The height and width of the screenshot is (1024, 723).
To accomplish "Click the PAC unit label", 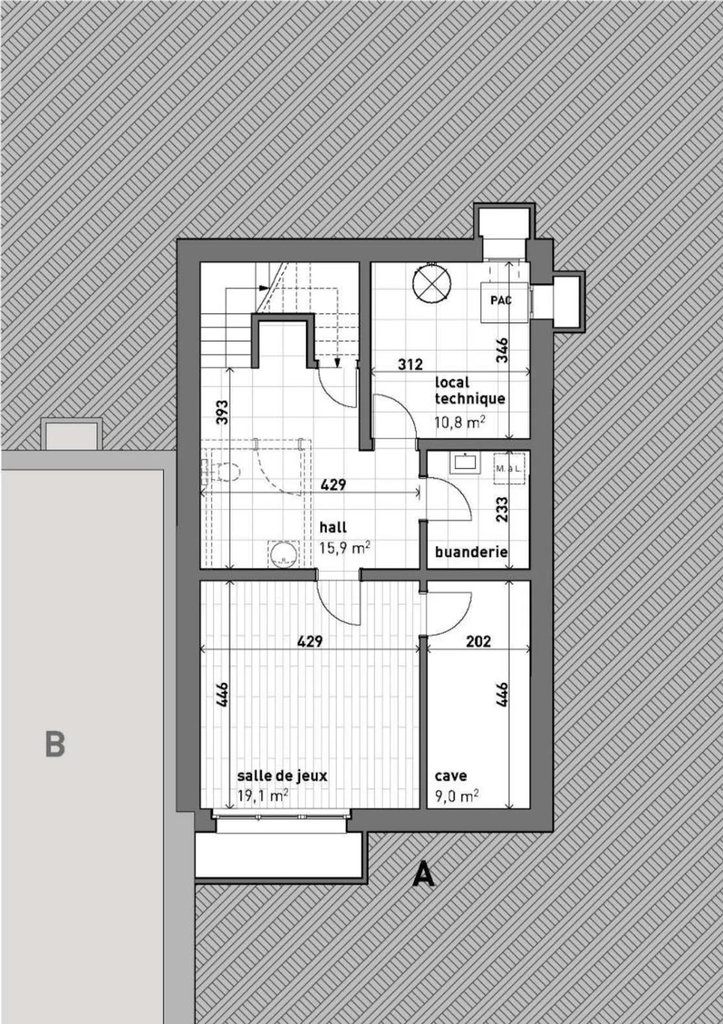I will (x=501, y=300).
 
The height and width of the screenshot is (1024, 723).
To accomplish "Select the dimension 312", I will (x=410, y=364).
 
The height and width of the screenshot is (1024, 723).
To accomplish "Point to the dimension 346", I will (x=502, y=350).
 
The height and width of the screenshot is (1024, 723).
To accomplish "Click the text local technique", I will (x=469, y=390).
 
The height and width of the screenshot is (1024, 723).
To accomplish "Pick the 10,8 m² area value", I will (x=459, y=422).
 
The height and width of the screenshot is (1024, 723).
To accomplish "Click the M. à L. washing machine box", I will (x=509, y=469).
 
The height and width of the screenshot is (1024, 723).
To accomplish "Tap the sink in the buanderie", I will (x=464, y=463).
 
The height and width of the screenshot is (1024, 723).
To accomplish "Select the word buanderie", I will (x=471, y=552).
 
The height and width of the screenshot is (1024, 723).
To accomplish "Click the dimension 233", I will (x=502, y=508).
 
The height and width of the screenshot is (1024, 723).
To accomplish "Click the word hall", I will (x=333, y=527).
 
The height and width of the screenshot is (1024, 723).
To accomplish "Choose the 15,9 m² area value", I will (x=345, y=547).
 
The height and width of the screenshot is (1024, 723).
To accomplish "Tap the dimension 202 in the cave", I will (x=478, y=642).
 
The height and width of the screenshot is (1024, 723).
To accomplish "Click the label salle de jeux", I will (x=282, y=775).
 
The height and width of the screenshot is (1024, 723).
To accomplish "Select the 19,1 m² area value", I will (x=263, y=795).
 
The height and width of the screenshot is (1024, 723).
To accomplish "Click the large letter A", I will (x=423, y=875).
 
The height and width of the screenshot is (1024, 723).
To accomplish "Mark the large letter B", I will (x=55, y=744).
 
